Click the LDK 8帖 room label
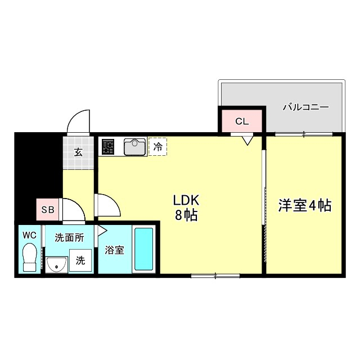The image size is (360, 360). [185, 207]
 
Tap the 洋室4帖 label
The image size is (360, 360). [304, 205]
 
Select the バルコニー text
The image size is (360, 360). [305, 106]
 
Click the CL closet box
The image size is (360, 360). [241, 120]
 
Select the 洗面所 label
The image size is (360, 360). [69, 237]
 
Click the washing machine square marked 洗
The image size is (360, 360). [80, 261]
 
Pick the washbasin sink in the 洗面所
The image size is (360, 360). [56, 263]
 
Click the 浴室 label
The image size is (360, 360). [115, 250]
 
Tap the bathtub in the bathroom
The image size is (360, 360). [144, 249]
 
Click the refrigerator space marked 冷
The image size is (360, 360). [157, 147]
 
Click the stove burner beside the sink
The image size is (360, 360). [108, 147]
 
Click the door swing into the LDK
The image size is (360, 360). [109, 205]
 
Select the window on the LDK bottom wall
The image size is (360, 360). [215, 275]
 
